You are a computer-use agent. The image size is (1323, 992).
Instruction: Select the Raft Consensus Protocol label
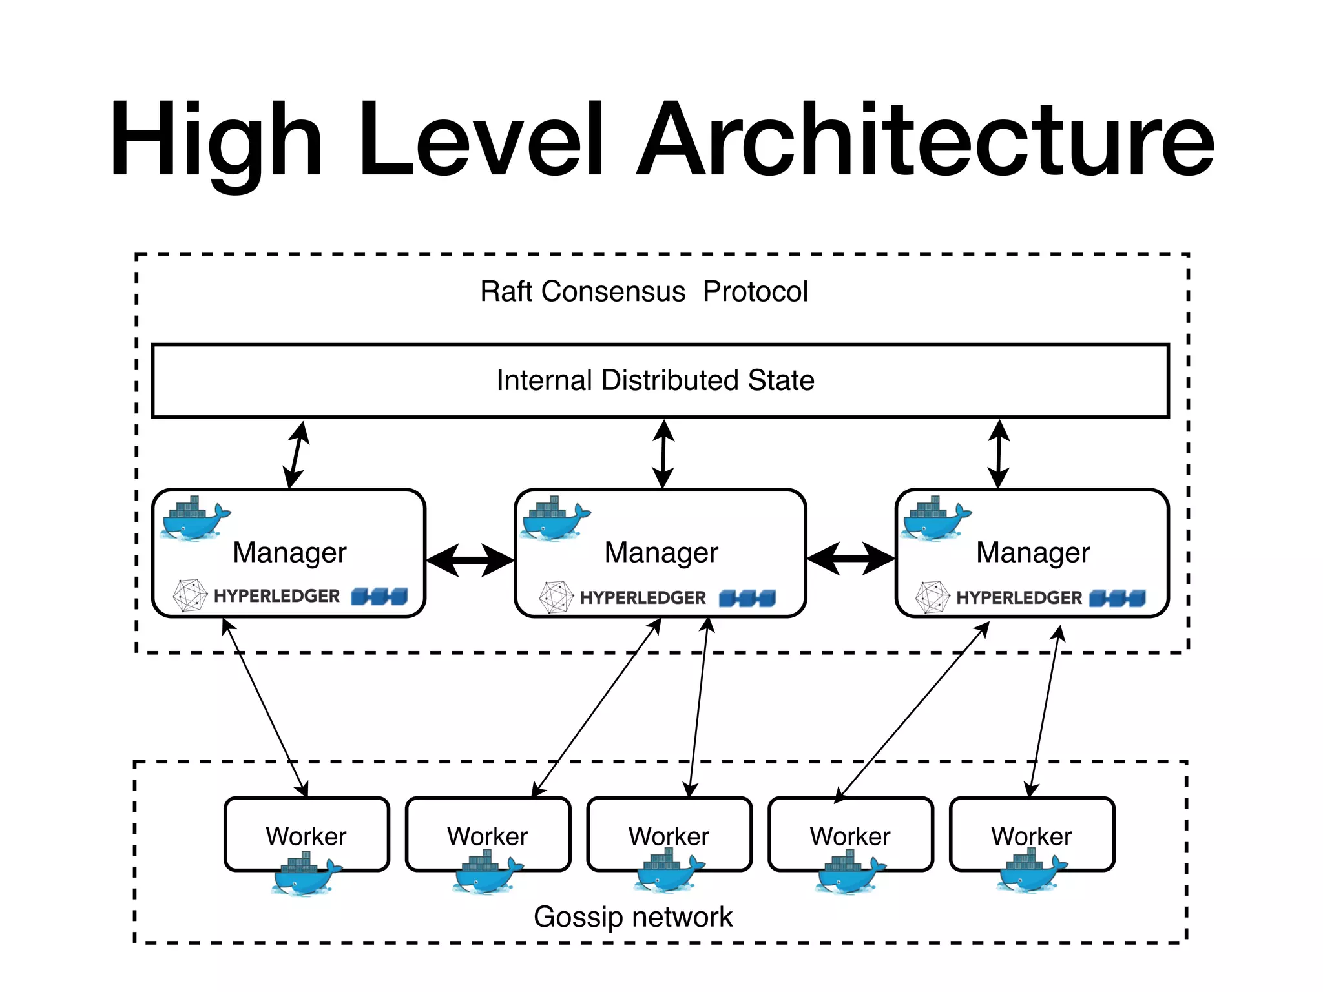pyautogui.click(x=643, y=291)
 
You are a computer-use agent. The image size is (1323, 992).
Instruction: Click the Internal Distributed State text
pyautogui.click(x=655, y=380)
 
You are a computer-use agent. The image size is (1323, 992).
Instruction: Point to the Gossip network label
pyautogui.click(x=632, y=917)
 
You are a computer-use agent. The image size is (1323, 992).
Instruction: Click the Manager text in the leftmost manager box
pyautogui.click(x=289, y=553)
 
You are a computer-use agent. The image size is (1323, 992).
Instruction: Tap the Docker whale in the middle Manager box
pyautogui.click(x=555, y=519)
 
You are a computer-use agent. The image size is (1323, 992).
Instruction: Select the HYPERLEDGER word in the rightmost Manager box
pyautogui.click(x=1019, y=598)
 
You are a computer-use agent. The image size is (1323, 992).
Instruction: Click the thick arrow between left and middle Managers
pyautogui.click(x=470, y=560)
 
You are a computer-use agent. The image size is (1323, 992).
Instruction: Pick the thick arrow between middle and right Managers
pyautogui.click(x=851, y=559)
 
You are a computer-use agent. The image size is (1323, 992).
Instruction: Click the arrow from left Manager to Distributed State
pyautogui.click(x=297, y=455)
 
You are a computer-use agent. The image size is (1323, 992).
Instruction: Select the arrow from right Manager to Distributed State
pyautogui.click(x=999, y=453)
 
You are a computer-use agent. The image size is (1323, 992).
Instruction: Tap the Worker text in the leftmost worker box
pyautogui.click(x=306, y=836)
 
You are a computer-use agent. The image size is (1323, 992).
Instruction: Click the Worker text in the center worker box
pyautogui.click(x=669, y=836)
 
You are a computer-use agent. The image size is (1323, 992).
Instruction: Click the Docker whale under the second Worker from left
pyautogui.click(x=487, y=873)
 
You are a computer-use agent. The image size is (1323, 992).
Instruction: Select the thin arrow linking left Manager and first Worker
pyautogui.click(x=265, y=707)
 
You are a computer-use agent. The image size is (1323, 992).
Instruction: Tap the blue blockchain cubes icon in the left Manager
pyautogui.click(x=380, y=596)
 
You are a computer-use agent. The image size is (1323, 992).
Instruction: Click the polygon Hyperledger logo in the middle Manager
pyautogui.click(x=556, y=597)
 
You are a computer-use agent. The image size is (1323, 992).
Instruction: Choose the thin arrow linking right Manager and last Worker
pyautogui.click(x=1045, y=710)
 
